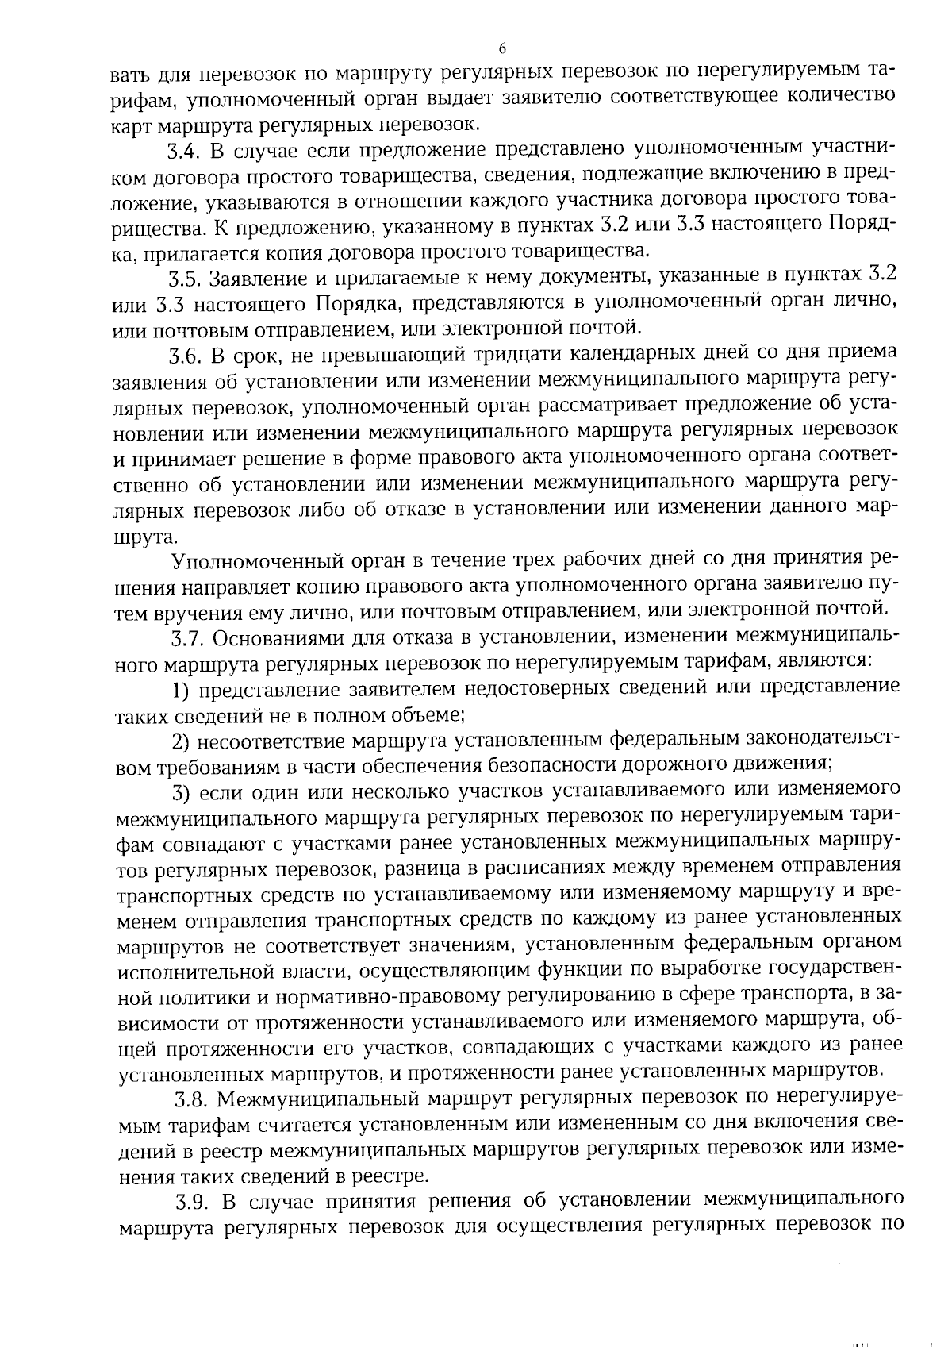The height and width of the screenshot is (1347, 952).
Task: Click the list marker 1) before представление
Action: (182, 688)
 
